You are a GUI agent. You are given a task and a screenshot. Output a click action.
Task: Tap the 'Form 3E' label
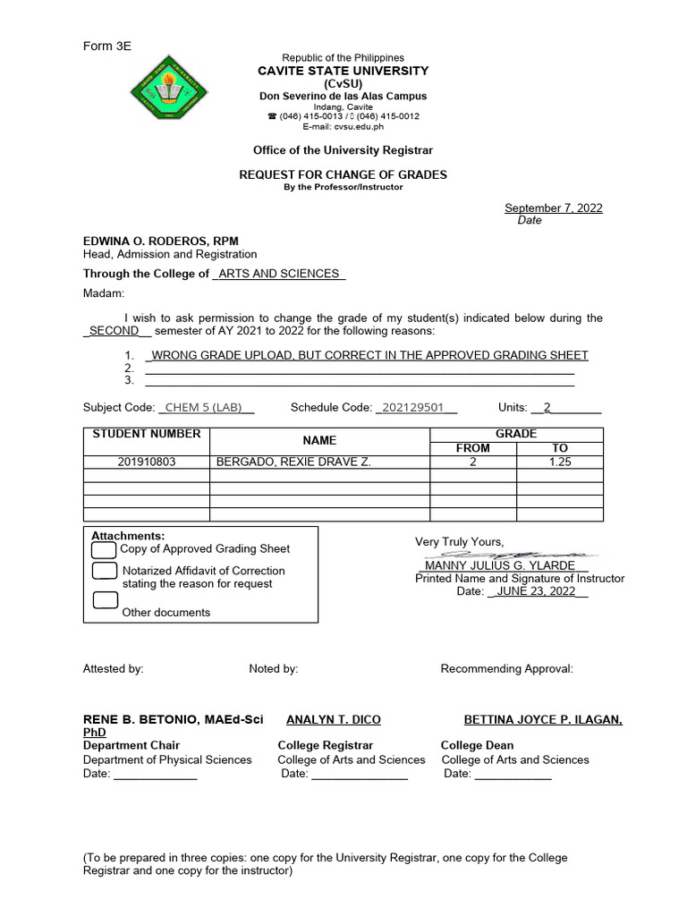[x=107, y=46]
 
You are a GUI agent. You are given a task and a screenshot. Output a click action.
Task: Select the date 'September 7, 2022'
[x=553, y=208]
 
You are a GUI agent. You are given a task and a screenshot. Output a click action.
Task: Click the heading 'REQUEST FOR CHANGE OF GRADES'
[x=343, y=174]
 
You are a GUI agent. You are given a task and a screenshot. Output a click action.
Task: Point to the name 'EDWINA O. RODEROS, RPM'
[x=160, y=241]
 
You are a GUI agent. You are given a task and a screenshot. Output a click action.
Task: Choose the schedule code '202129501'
[x=412, y=407]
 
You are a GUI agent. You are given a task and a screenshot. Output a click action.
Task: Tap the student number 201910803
[x=147, y=462]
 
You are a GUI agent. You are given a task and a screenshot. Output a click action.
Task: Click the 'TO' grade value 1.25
[x=560, y=462]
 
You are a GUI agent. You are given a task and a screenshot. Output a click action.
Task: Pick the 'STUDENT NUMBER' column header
[x=147, y=435]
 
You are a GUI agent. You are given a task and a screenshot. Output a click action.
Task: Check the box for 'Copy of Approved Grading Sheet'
[x=105, y=549]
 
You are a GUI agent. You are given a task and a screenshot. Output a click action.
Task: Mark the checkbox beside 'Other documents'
[x=105, y=600]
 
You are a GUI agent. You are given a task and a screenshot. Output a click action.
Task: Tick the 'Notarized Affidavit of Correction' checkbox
[x=105, y=571]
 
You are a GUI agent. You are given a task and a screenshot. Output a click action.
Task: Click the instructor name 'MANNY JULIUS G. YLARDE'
[x=500, y=566]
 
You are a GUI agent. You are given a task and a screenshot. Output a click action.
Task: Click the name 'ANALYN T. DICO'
[x=333, y=719]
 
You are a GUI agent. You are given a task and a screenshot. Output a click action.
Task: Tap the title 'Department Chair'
[x=131, y=745]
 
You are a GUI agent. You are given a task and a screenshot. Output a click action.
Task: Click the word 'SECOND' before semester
[x=114, y=330]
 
